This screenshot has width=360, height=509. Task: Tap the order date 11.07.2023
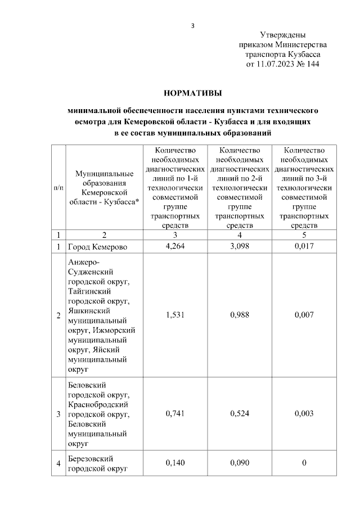[x=276, y=64]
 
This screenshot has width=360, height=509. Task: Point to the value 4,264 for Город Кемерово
[x=175, y=246]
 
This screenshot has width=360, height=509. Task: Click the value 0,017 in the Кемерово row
[x=304, y=246]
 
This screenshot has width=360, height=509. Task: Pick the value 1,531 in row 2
[x=175, y=316]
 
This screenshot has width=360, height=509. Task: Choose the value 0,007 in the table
[x=304, y=316]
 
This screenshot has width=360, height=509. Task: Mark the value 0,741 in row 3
[x=175, y=414]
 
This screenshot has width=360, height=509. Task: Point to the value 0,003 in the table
[x=304, y=414]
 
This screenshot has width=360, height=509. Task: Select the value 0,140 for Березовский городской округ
[x=175, y=463]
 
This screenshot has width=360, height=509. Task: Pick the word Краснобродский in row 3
[x=99, y=404]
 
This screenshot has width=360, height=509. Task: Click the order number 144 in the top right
[x=313, y=64]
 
